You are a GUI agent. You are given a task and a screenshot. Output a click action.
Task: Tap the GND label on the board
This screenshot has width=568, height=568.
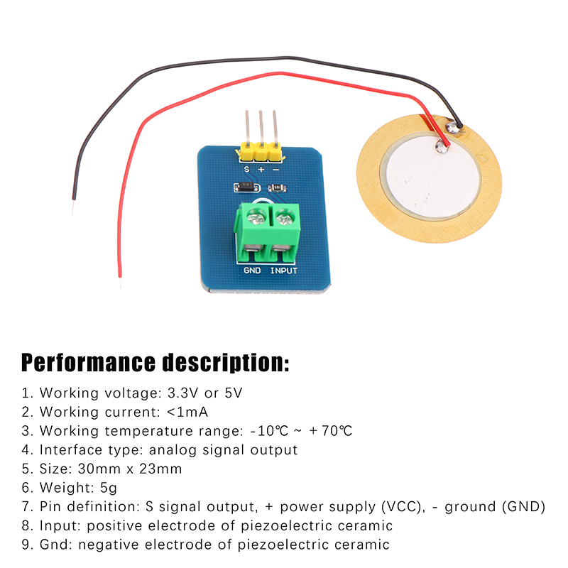(x=252, y=271)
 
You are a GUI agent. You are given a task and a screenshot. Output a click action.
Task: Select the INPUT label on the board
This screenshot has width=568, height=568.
(x=284, y=271)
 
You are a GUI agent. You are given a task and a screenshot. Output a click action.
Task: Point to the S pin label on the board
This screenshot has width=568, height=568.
(x=247, y=169)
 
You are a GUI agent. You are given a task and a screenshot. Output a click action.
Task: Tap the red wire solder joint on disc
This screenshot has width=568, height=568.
(x=444, y=148)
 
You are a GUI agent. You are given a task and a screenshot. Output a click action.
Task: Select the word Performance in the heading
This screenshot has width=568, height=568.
(x=88, y=363)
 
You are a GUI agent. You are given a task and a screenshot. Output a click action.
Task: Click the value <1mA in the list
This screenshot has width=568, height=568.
(x=187, y=412)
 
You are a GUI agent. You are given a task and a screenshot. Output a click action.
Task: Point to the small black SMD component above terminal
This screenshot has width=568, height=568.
(x=244, y=188)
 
